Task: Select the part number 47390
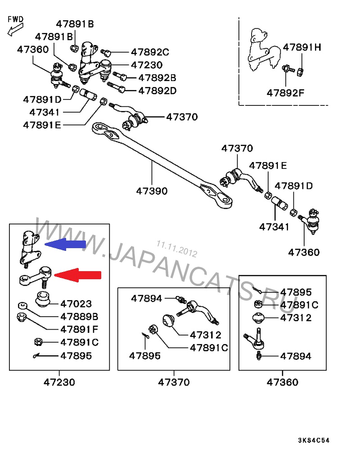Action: coord(152,191)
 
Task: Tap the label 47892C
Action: coord(150,52)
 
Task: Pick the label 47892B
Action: coord(157,77)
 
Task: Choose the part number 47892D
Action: coord(157,91)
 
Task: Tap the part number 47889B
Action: coord(79,317)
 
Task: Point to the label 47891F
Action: coord(79,329)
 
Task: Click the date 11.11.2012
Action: coord(177,249)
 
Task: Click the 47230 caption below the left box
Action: coord(59,382)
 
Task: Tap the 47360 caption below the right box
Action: coord(282,382)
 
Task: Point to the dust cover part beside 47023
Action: coord(43,300)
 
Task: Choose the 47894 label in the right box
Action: coord(295,356)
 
